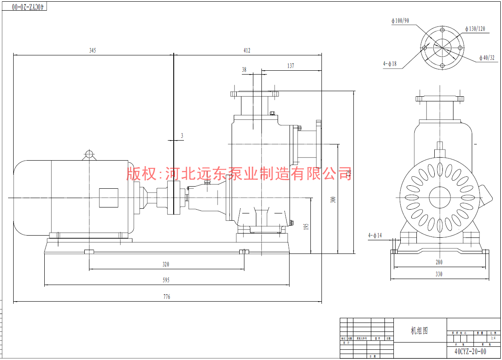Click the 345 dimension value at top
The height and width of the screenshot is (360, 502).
[92, 50]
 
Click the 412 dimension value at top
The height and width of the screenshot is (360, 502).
[247, 50]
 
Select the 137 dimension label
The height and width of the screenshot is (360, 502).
[290, 66]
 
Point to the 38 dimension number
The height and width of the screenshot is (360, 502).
[244, 69]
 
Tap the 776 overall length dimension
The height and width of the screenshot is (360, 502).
[166, 297]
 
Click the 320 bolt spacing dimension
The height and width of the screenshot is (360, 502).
[166, 265]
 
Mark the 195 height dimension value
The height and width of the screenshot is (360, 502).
[306, 227]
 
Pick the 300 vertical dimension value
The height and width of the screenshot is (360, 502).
[333, 199]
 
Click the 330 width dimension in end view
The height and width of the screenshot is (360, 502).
[439, 274]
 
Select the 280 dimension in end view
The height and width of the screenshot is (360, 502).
[439, 262]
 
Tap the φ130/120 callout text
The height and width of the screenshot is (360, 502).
[474, 29]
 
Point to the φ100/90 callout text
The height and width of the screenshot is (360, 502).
[400, 20]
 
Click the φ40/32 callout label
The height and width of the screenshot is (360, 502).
[487, 58]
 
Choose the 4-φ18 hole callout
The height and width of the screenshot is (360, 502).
[390, 64]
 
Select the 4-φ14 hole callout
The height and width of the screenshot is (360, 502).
[375, 235]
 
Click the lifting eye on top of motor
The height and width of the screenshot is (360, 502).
[89, 154]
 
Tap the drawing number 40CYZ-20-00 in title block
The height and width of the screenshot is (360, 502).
[470, 352]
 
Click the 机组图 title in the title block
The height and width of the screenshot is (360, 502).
[419, 331]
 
